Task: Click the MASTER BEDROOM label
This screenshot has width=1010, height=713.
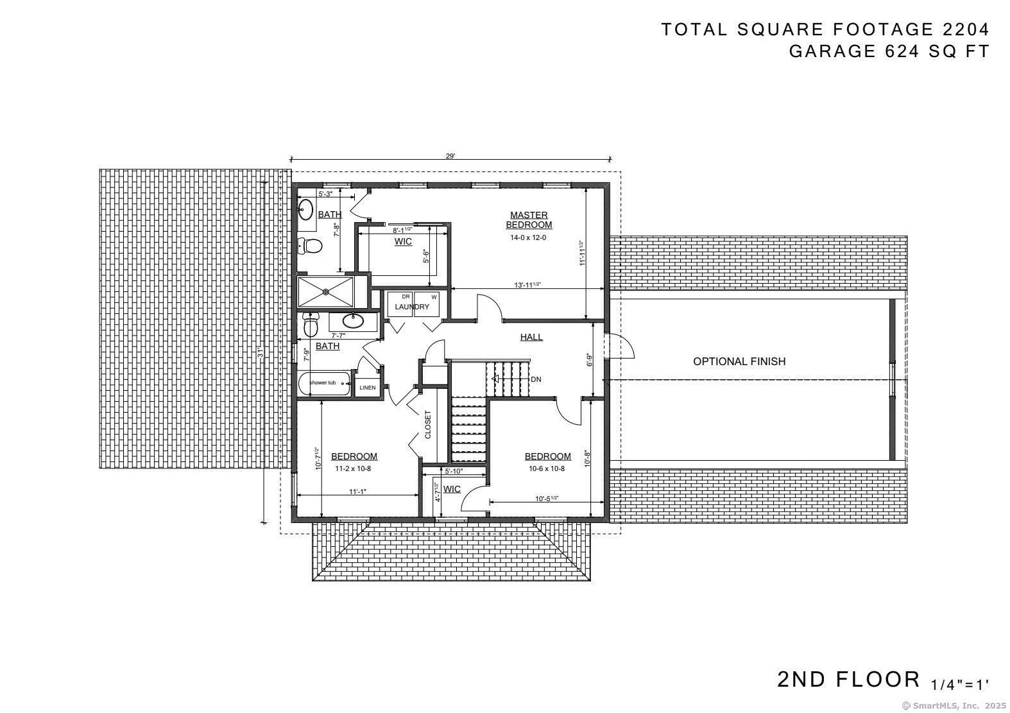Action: click(529, 220)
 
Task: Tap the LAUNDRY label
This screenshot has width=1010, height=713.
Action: click(412, 307)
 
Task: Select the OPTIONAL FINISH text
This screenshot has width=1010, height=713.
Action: click(739, 361)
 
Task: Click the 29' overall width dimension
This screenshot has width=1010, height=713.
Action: click(450, 156)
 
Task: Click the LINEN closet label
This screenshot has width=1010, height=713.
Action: click(368, 388)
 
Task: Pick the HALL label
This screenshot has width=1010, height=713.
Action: click(531, 337)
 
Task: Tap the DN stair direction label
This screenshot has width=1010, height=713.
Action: click(536, 379)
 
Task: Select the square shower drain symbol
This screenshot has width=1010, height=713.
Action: click(326, 292)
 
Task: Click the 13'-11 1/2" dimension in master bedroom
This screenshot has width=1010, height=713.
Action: click(527, 284)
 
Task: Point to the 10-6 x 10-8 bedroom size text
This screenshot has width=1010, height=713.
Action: click(547, 468)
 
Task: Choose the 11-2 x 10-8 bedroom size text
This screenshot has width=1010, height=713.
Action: click(353, 468)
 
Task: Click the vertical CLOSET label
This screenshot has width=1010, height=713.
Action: click(428, 424)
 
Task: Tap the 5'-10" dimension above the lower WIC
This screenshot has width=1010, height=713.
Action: click(453, 471)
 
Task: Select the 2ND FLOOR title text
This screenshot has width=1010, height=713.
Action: click(848, 679)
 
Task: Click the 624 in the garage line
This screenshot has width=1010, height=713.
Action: click(903, 51)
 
